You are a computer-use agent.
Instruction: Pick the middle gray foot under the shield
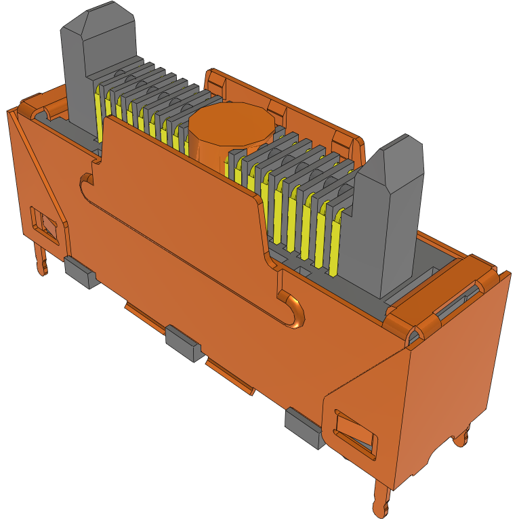click(x=184, y=343)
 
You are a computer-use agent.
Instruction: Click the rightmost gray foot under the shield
click(x=304, y=427)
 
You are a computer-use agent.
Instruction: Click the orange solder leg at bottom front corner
click(x=381, y=498)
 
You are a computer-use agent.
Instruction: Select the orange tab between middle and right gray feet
click(x=230, y=377)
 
